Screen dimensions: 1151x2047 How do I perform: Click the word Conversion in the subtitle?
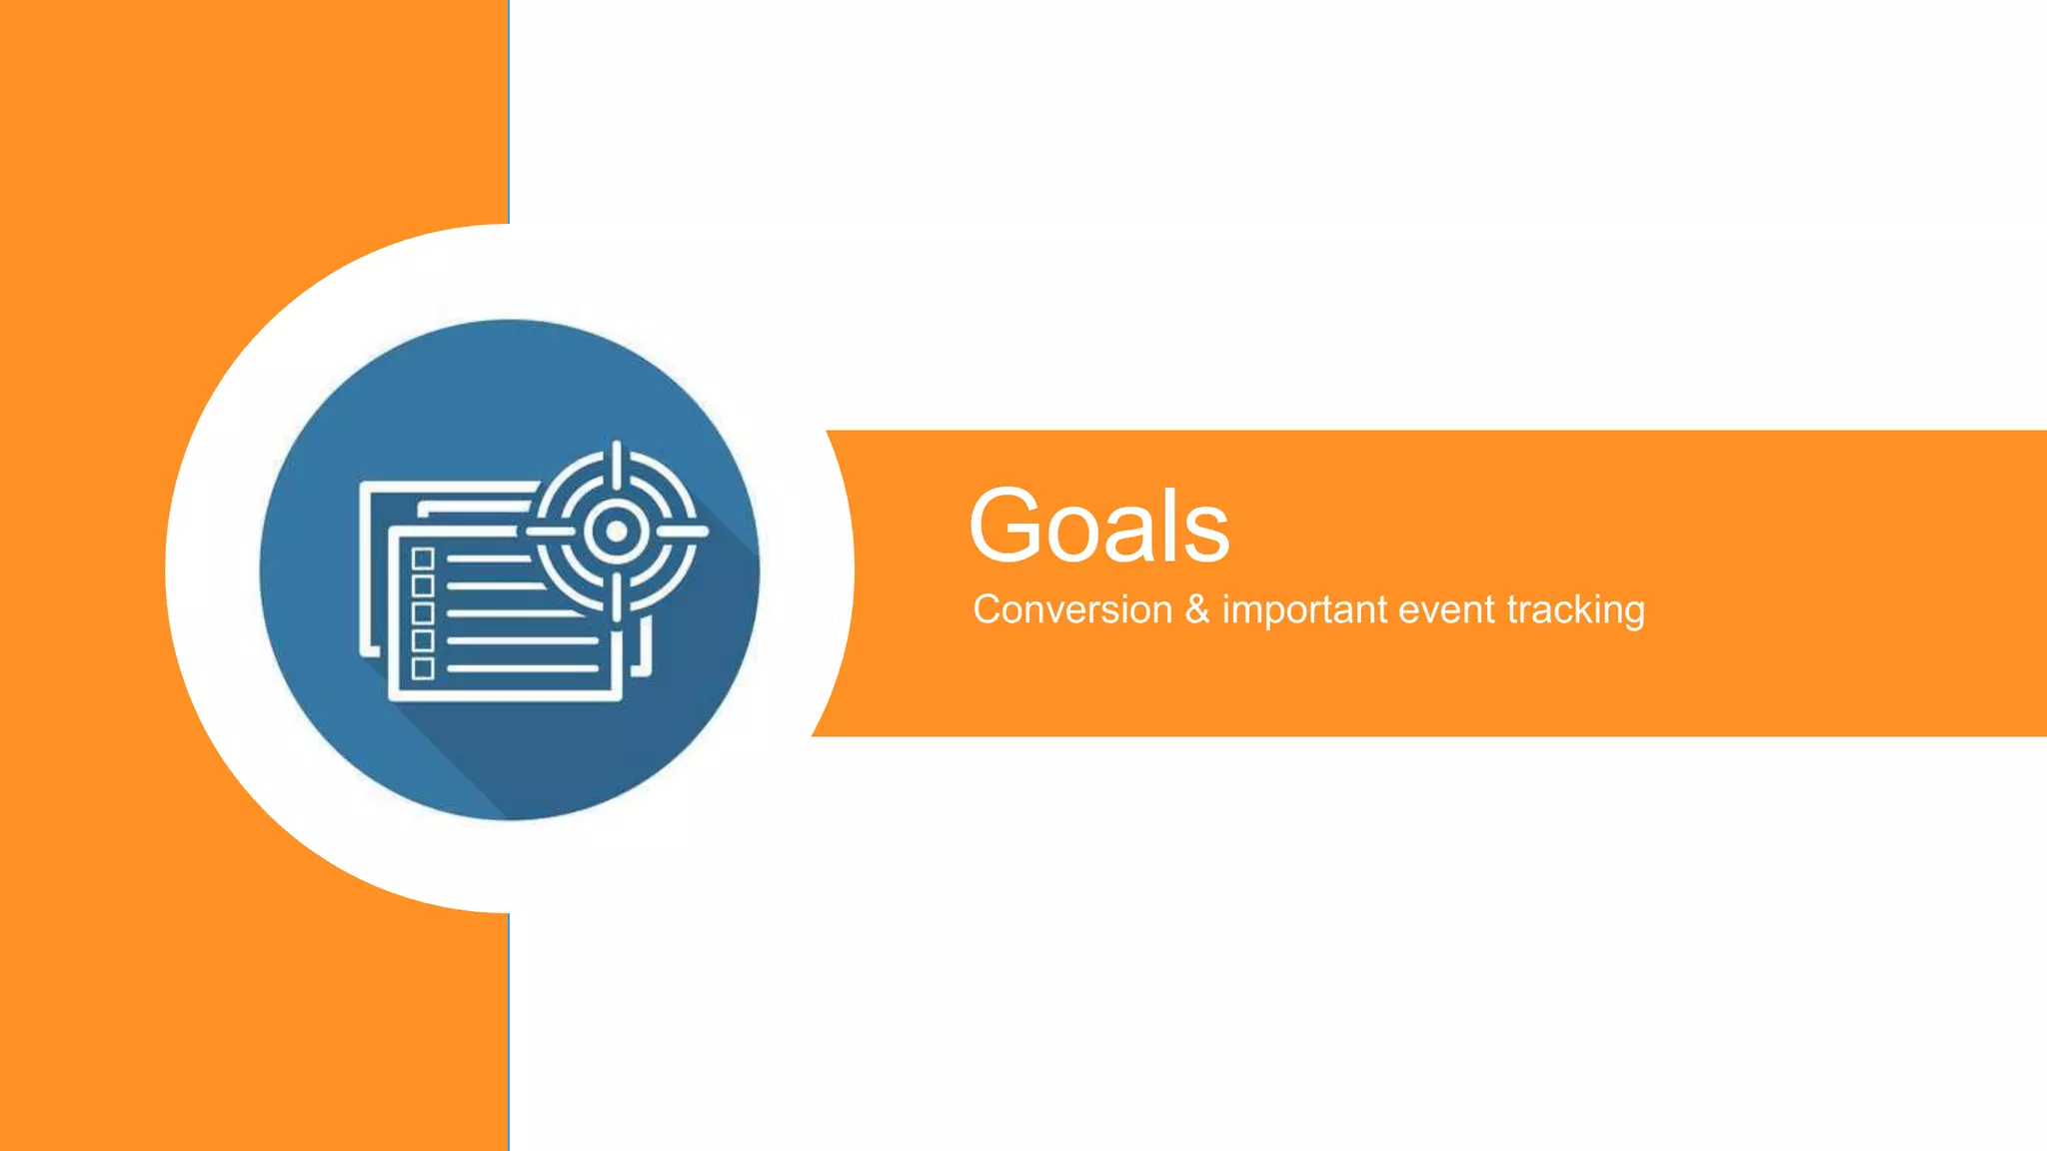tap(1071, 609)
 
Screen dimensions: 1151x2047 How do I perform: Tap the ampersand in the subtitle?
tap(1196, 609)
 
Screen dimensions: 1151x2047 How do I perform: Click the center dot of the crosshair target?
tap(617, 532)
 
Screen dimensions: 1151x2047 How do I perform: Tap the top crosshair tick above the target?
tap(617, 462)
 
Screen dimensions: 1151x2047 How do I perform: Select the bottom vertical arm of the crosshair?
tap(617, 596)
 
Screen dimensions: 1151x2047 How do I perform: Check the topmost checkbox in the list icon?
tap(423, 559)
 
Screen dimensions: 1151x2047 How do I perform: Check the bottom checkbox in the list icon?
tap(423, 668)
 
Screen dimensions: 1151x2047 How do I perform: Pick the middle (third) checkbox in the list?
tap(423, 613)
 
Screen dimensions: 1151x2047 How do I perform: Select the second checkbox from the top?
tap(423, 585)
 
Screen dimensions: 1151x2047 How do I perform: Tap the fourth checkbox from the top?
tap(423, 640)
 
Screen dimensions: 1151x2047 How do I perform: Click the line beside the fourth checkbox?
tap(522, 640)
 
